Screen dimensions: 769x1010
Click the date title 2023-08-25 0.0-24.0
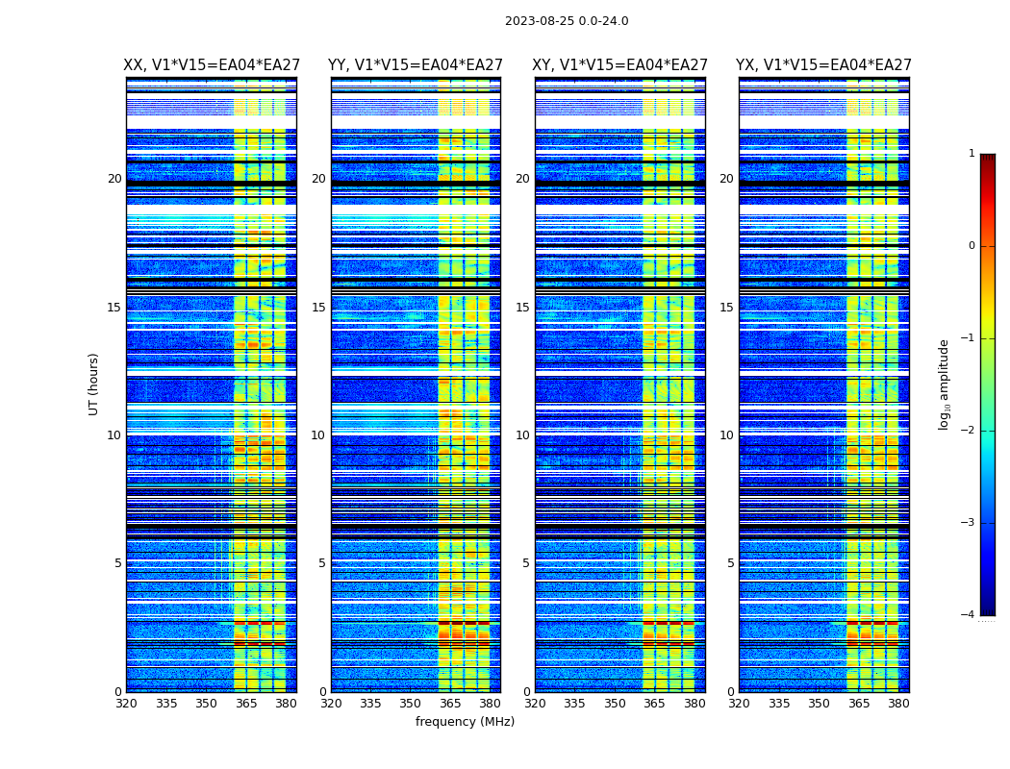coord(567,21)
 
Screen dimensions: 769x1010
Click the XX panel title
coord(212,65)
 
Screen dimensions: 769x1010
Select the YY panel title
coord(416,65)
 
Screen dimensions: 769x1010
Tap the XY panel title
coord(619,65)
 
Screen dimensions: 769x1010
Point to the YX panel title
coord(823,65)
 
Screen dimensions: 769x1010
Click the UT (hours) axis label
coord(94,384)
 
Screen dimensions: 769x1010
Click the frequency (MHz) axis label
coord(465,722)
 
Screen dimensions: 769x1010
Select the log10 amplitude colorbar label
coord(945,384)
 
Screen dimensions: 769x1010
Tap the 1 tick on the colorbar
coord(971,154)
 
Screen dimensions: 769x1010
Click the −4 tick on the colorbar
coord(969,615)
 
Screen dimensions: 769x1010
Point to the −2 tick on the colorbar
coord(969,431)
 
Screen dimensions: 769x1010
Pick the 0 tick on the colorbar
coord(971,246)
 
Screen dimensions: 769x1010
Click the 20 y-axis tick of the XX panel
coord(114,179)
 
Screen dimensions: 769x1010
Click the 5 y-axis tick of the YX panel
coord(730,563)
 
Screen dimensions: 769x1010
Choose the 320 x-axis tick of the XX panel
coord(126,704)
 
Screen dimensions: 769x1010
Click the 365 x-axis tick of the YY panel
coord(451,704)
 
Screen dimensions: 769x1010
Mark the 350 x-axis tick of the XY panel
coord(615,704)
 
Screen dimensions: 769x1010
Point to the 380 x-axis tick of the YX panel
coord(898,704)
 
